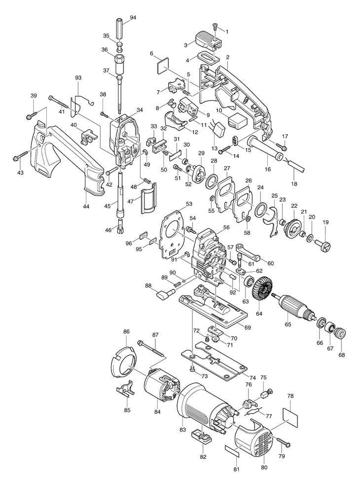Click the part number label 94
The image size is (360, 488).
tap(133, 17)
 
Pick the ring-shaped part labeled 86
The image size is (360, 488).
tap(124, 363)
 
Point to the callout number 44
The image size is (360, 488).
tap(86, 206)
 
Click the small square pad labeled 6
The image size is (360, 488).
tap(162, 66)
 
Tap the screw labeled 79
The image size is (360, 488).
tap(283, 441)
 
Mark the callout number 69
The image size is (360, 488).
tap(248, 328)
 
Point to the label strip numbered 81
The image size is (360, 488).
tap(232, 450)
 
